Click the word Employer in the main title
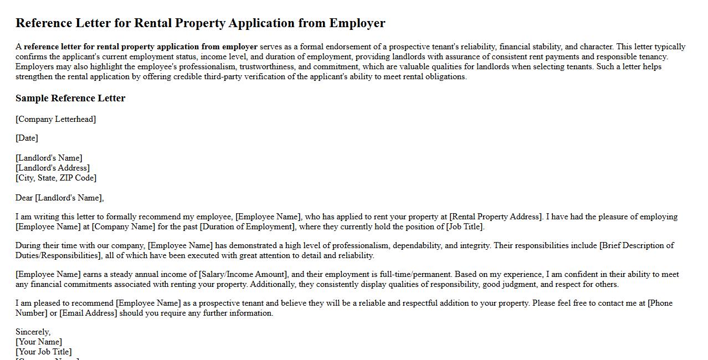pos(357,23)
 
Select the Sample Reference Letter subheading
pos(70,98)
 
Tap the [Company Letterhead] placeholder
pos(55,119)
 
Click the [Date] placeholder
pos(27,138)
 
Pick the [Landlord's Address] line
pos(53,168)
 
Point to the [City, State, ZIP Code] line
pos(56,178)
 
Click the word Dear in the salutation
pos(24,198)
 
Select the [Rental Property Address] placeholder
pos(496,217)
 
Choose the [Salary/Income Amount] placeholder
pos(243,274)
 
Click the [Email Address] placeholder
pos(88,313)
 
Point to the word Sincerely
pos(33,332)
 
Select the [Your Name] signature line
pos(39,342)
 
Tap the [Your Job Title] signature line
pos(43,352)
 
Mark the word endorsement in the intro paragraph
pos(351,47)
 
